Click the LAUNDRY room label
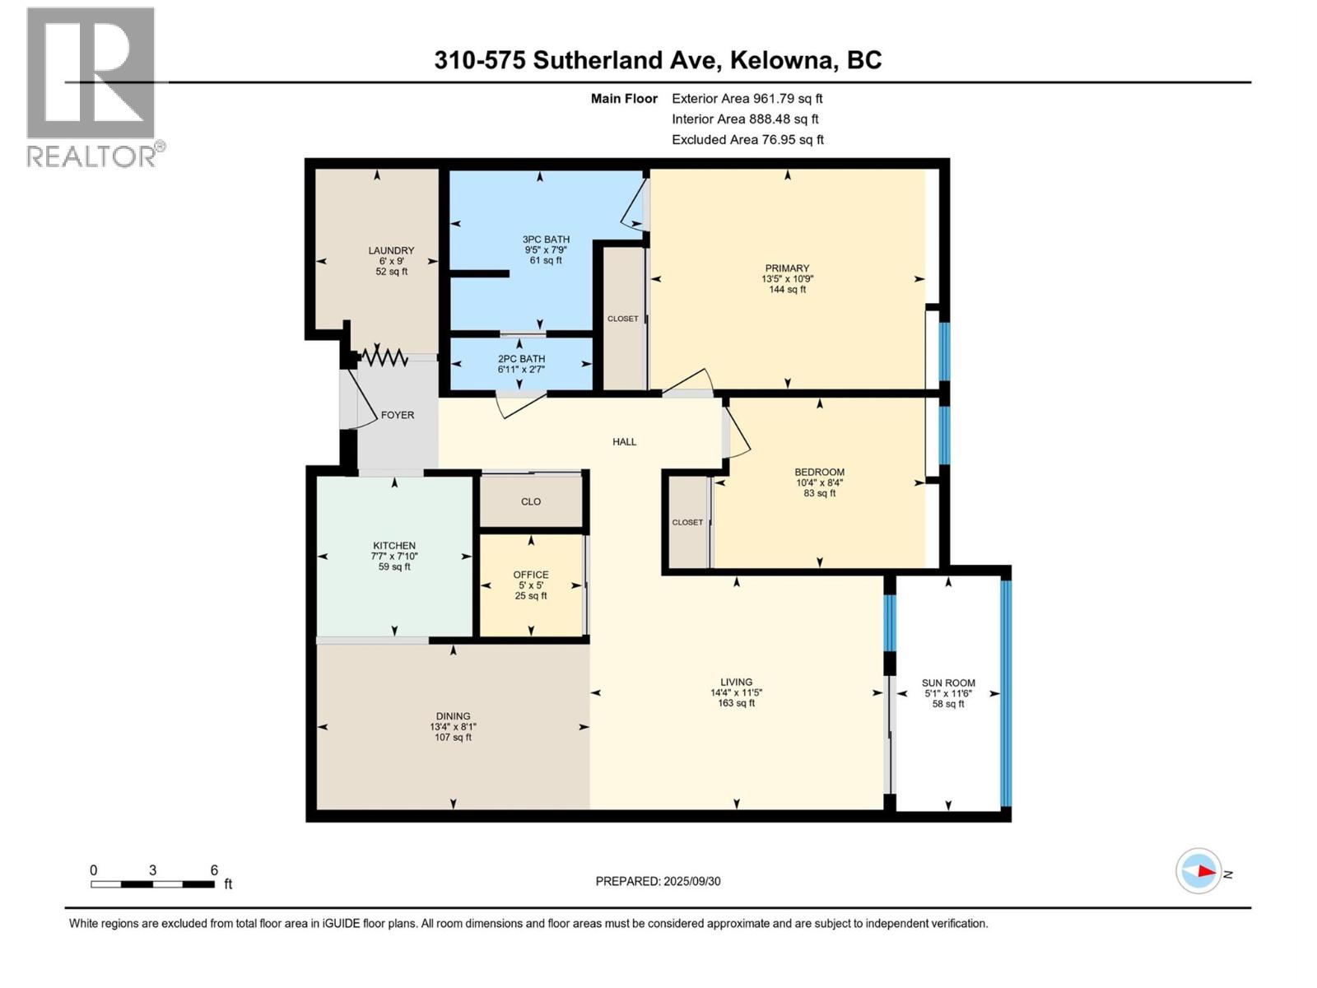click(391, 250)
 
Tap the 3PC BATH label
click(546, 240)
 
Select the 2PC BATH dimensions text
click(521, 370)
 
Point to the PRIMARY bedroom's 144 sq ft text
click(787, 290)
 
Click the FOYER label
click(398, 415)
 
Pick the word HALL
click(624, 442)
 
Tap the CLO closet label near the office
click(531, 501)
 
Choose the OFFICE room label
click(531, 575)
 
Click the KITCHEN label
click(394, 546)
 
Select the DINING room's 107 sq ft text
click(453, 738)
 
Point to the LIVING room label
click(736, 682)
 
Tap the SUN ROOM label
click(948, 683)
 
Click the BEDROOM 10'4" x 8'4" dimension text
click(819, 483)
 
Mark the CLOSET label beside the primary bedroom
click(622, 319)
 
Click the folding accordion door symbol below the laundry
click(384, 357)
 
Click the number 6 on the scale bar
click(214, 870)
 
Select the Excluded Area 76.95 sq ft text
click(747, 140)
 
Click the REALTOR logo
click(92, 87)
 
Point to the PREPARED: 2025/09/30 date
click(658, 881)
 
